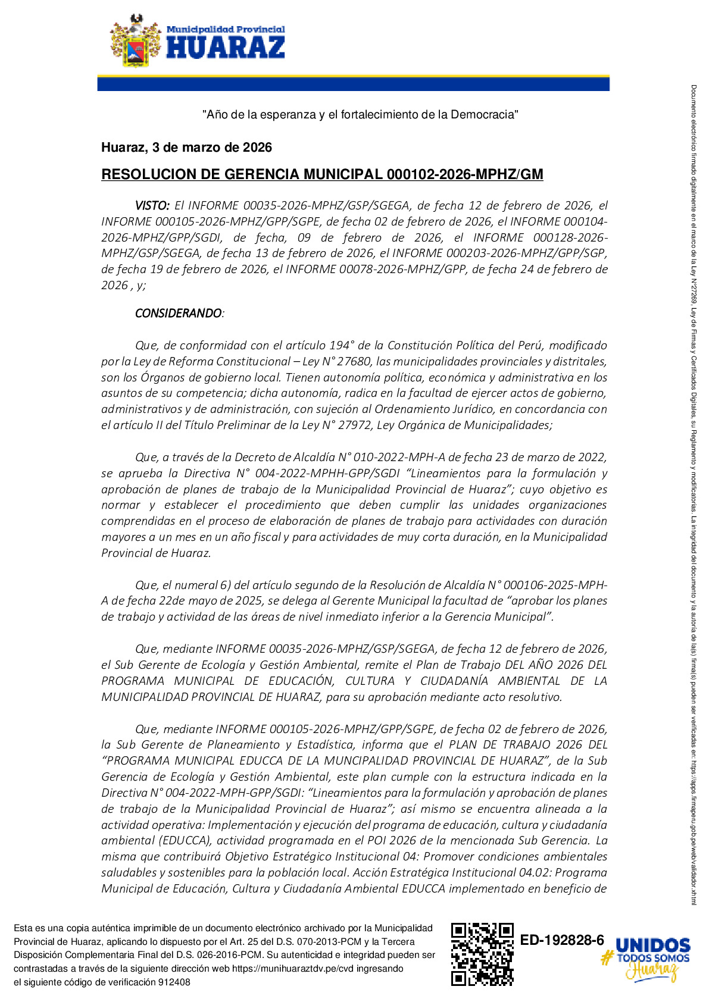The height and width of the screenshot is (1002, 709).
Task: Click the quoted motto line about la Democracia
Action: [360, 114]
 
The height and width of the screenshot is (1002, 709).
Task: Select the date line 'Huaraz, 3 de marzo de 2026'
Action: [186, 148]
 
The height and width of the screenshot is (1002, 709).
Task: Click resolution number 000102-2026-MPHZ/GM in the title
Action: [464, 174]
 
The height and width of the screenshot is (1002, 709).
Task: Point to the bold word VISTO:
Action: [152, 206]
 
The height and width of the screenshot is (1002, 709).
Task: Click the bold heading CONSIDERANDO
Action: [178, 313]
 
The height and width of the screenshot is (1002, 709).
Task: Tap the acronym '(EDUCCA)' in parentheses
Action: [185, 841]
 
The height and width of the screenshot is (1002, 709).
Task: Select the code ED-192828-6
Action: [562, 940]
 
